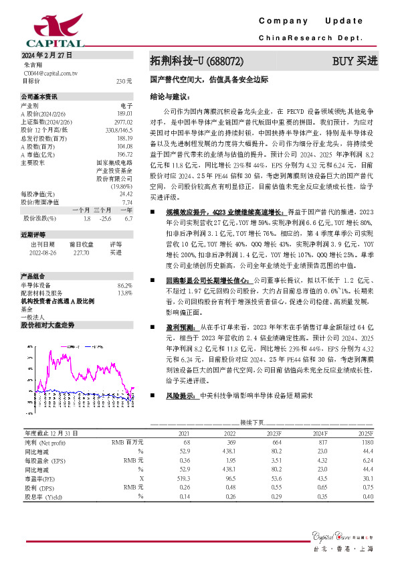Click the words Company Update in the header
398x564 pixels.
(x=310, y=21)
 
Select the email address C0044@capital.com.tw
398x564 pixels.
(x=51, y=72)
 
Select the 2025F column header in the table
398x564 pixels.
(x=366, y=434)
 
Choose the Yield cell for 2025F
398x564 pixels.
(x=367, y=496)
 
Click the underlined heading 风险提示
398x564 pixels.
(x=181, y=397)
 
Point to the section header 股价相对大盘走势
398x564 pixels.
(x=47, y=324)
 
